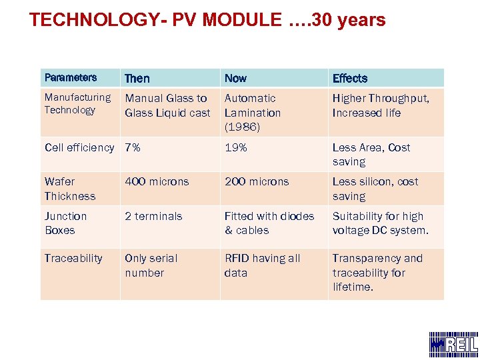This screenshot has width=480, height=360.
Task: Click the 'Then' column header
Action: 137,78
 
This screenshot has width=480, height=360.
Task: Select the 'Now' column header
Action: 235,78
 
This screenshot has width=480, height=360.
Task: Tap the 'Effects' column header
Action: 350,78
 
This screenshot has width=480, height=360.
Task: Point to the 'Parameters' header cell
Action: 71,77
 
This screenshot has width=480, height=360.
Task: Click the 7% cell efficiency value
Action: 133,147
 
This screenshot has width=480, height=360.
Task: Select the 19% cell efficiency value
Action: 236,147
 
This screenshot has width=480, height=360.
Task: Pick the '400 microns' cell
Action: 157,181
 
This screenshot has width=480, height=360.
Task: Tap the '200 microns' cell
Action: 257,181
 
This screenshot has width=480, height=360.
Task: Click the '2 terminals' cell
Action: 153,216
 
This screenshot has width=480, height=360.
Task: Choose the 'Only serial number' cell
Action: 151,265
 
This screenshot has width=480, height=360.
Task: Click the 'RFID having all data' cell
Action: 262,265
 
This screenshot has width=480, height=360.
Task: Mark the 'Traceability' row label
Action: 73,258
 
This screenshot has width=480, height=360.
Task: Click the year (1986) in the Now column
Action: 242,127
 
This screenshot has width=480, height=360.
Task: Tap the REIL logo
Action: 453,343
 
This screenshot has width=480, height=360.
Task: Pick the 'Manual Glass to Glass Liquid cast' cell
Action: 167,105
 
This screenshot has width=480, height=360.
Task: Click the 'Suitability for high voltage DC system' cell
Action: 380,223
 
